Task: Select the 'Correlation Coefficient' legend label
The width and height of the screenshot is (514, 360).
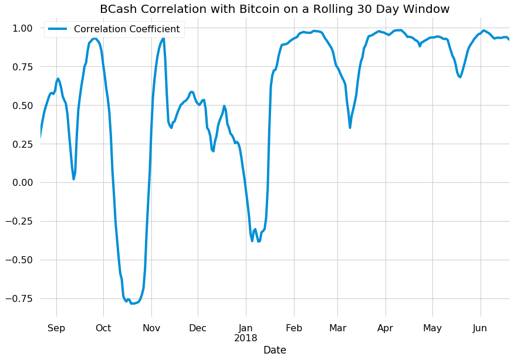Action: pyautogui.click(x=127, y=29)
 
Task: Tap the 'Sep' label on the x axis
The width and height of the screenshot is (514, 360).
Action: pyautogui.click(x=56, y=328)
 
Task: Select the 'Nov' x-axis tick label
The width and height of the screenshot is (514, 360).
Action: pyautogui.click(x=151, y=328)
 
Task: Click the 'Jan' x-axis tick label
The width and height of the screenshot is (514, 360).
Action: pyautogui.click(x=246, y=328)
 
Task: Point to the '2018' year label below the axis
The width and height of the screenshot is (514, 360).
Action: pyautogui.click(x=246, y=338)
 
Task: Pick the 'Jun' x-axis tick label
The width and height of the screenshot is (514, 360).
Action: pyautogui.click(x=480, y=328)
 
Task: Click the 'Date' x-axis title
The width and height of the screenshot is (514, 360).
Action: pyautogui.click(x=275, y=350)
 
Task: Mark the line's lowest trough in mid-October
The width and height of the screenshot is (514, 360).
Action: pyautogui.click(x=133, y=303)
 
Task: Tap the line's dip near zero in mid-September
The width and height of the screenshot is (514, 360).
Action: pyautogui.click(x=73, y=179)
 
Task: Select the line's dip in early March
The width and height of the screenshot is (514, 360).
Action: pyautogui.click(x=350, y=127)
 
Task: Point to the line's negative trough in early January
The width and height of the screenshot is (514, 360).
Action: pyautogui.click(x=252, y=241)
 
